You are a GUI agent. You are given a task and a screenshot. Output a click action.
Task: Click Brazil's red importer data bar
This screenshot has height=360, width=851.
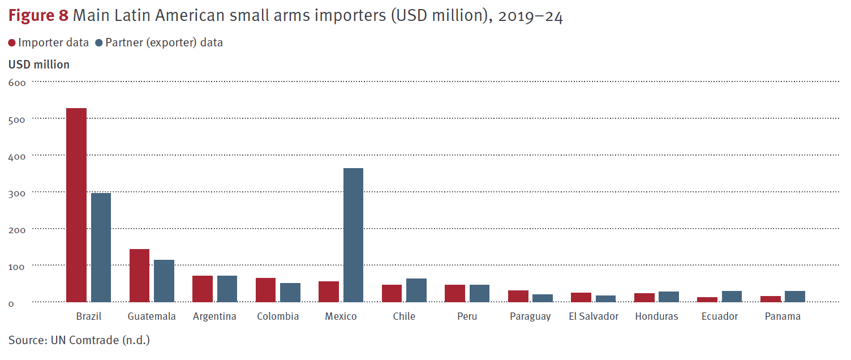[76, 204]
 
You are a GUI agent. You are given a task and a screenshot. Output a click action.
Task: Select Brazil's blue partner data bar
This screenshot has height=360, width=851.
[101, 247]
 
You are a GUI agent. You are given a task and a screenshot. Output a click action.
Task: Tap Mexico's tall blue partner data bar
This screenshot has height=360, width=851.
[353, 235]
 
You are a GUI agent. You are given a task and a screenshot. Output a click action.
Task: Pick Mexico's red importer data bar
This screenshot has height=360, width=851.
[329, 292]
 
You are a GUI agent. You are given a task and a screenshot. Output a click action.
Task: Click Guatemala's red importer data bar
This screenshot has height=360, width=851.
[139, 275]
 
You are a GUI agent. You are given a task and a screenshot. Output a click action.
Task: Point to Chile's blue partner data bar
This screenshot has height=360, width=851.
[416, 290]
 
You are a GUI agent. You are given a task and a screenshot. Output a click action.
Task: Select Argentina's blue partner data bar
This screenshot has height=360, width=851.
[227, 289]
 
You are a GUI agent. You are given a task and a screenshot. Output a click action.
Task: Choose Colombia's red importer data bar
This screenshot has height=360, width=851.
[265, 290]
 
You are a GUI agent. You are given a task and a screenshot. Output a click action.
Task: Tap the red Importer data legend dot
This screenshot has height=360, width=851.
[12, 43]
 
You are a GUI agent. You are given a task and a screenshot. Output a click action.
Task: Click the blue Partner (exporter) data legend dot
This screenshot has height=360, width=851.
[99, 43]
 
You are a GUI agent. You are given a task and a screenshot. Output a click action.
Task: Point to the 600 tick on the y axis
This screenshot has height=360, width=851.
[18, 83]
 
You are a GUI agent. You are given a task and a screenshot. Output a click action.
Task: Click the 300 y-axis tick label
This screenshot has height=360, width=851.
[18, 192]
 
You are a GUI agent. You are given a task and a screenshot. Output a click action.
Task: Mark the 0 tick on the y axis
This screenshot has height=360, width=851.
[11, 303]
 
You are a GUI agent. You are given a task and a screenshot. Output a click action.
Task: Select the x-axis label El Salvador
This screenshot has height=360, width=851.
[594, 316]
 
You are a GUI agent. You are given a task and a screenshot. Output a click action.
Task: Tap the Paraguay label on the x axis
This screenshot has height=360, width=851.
[530, 316]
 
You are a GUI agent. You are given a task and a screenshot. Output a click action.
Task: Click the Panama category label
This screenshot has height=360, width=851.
[783, 316]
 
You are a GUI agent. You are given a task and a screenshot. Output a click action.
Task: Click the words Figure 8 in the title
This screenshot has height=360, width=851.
[38, 16]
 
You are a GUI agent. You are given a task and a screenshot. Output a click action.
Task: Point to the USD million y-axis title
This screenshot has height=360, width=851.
[39, 65]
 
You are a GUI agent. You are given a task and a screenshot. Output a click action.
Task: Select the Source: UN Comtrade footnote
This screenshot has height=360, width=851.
[79, 340]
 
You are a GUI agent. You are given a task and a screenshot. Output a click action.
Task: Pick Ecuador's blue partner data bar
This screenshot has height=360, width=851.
[732, 296]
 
